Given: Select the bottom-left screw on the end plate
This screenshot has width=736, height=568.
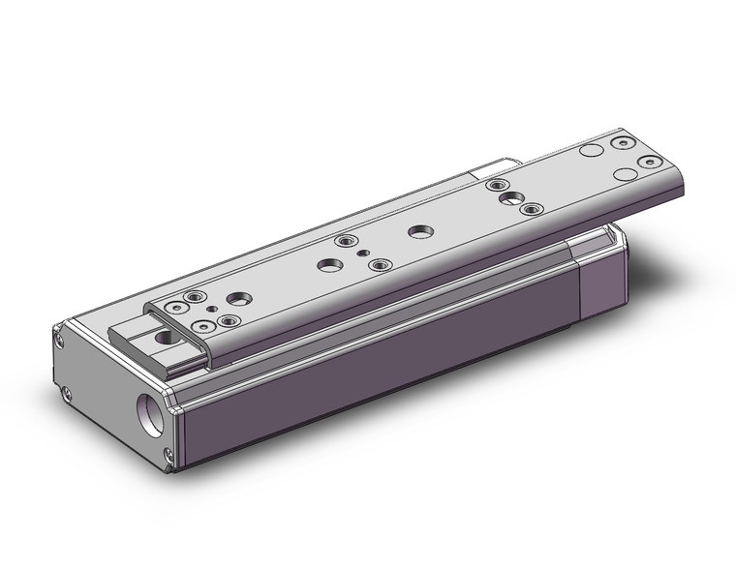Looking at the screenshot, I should (67, 394).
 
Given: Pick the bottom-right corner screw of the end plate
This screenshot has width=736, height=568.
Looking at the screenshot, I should (171, 454).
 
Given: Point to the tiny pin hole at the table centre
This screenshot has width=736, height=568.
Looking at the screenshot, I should (363, 254).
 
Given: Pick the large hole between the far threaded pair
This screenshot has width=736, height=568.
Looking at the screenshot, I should (508, 197).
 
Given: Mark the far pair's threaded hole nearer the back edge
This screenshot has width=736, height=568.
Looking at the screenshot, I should (497, 185).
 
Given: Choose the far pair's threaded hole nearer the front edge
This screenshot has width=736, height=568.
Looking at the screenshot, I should (528, 208).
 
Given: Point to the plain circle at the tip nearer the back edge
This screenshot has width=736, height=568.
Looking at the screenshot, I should (591, 152).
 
